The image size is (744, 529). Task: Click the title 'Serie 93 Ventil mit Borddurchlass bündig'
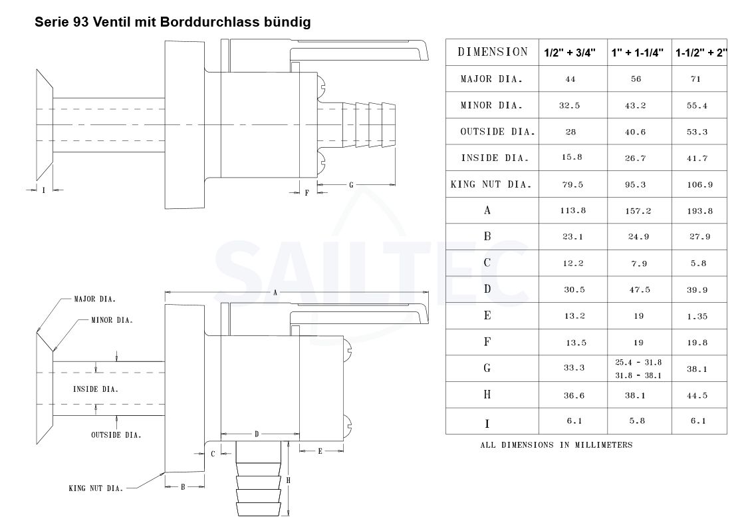(x=173, y=22)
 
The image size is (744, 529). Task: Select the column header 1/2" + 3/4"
(x=569, y=53)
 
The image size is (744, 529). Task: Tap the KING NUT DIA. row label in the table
(x=491, y=184)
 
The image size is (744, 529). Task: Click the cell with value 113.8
(x=572, y=210)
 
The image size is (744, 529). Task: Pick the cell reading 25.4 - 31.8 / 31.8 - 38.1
(x=638, y=369)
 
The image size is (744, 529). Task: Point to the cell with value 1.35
(x=697, y=316)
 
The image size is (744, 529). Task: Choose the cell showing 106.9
(x=699, y=184)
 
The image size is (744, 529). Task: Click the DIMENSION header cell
(x=493, y=52)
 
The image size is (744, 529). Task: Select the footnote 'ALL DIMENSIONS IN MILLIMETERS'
(x=556, y=445)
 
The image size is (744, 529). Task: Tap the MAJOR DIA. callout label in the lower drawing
(x=95, y=299)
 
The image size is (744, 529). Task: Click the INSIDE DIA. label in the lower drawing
(x=95, y=389)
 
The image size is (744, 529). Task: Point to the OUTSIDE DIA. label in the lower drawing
(x=116, y=435)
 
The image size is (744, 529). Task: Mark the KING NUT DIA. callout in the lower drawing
(x=96, y=488)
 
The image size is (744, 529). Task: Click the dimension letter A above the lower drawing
(x=275, y=293)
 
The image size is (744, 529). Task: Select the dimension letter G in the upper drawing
(x=351, y=185)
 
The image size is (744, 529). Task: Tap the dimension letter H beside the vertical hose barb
(x=288, y=480)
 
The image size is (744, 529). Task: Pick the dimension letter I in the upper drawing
(x=44, y=190)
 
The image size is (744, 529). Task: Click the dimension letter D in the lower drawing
(x=257, y=434)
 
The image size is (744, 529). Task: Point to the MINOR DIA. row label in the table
(x=491, y=105)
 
